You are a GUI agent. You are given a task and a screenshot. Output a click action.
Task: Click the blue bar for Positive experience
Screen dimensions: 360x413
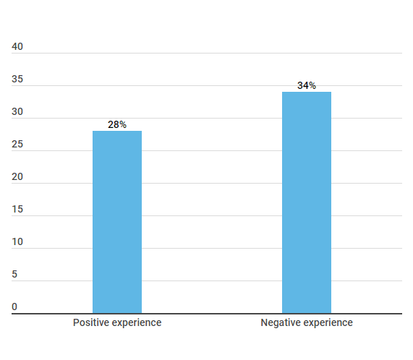pos(117,222)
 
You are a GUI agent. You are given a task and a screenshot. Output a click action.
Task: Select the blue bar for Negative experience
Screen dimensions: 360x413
pos(307,202)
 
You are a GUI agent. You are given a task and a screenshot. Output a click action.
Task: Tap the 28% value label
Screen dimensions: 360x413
pos(117,124)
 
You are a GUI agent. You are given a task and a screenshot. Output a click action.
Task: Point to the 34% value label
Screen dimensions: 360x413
pos(307,85)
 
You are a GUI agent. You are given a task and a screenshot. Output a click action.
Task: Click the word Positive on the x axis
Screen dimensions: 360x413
pos(90,322)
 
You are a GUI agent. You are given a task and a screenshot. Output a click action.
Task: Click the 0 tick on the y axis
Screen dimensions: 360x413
pos(14,307)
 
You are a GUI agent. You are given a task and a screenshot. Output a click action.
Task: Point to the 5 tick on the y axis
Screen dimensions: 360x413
pos(14,275)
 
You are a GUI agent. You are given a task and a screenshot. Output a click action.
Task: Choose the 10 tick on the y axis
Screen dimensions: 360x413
pos(17,242)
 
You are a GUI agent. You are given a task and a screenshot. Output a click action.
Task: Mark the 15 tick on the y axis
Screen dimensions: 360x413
pos(17,210)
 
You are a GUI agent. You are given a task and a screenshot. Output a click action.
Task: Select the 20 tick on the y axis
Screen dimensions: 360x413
pos(17,177)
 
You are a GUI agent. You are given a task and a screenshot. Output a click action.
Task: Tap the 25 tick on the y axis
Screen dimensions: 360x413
pos(17,145)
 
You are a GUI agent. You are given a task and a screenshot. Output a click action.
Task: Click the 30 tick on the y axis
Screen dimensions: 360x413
pos(17,112)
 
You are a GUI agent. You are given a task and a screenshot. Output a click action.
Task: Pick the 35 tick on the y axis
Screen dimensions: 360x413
pos(17,80)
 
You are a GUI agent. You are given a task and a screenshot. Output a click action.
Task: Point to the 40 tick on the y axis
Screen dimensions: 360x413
pos(17,47)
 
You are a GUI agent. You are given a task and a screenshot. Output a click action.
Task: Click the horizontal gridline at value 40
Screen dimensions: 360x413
pos(217,53)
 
